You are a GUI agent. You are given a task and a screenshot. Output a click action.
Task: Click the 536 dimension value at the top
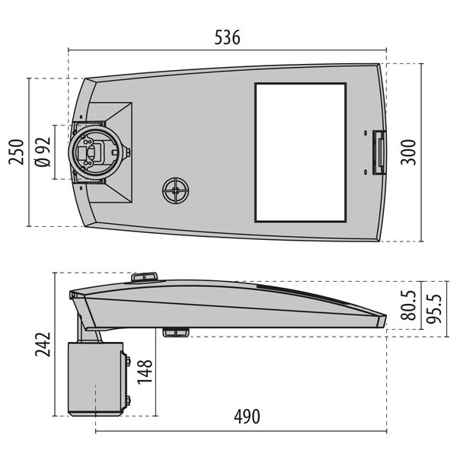pos(227,37)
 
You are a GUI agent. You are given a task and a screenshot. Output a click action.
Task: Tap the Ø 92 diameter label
pos(43,152)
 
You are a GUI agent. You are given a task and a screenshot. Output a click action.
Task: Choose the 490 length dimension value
pos(246,417)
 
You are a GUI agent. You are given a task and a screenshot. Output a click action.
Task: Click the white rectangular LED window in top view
pos(300,152)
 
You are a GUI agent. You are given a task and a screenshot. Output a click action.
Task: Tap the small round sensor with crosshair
pos(176,190)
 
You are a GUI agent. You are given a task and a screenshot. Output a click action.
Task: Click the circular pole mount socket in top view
pos(94,152)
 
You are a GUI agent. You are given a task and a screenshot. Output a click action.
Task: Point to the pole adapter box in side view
pos(95,379)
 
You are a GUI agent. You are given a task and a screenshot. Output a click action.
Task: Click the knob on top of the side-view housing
pos(145,277)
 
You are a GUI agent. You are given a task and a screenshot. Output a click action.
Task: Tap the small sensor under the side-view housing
pos(176,332)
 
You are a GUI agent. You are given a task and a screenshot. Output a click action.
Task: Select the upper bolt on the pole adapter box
pos(126,361)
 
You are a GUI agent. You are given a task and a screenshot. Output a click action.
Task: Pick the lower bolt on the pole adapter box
pos(126,401)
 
